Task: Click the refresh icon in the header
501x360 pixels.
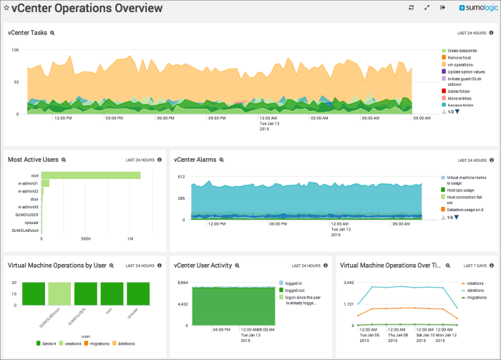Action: click(412, 8)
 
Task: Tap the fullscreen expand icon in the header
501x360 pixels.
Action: click(427, 8)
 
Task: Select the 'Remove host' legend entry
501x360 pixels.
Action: click(460, 58)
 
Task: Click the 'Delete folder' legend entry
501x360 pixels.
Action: click(459, 92)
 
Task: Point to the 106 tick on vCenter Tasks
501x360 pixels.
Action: click(15, 50)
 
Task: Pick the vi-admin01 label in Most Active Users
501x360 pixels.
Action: click(29, 183)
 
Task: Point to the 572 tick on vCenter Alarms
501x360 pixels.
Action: click(181, 176)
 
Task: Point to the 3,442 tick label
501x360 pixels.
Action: click(350, 283)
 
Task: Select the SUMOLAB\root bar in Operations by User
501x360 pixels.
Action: click(36, 294)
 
